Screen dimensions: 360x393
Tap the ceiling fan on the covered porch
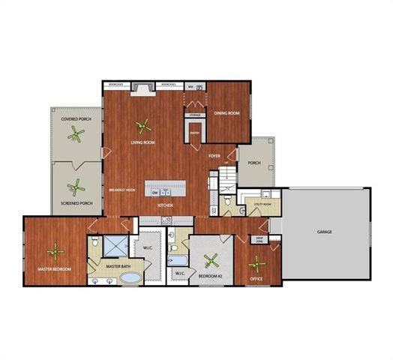(x=74, y=136)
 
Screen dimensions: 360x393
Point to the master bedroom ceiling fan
(x=55, y=252)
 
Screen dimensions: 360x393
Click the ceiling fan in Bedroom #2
(x=212, y=262)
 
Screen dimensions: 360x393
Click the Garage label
(x=324, y=232)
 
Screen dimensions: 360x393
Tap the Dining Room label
(x=226, y=113)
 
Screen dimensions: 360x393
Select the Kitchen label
(x=166, y=205)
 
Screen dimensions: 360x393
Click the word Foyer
(x=214, y=155)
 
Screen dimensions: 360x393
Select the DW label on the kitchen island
(x=155, y=192)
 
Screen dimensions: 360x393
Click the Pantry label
(x=193, y=133)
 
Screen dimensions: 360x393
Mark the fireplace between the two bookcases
(x=142, y=90)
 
